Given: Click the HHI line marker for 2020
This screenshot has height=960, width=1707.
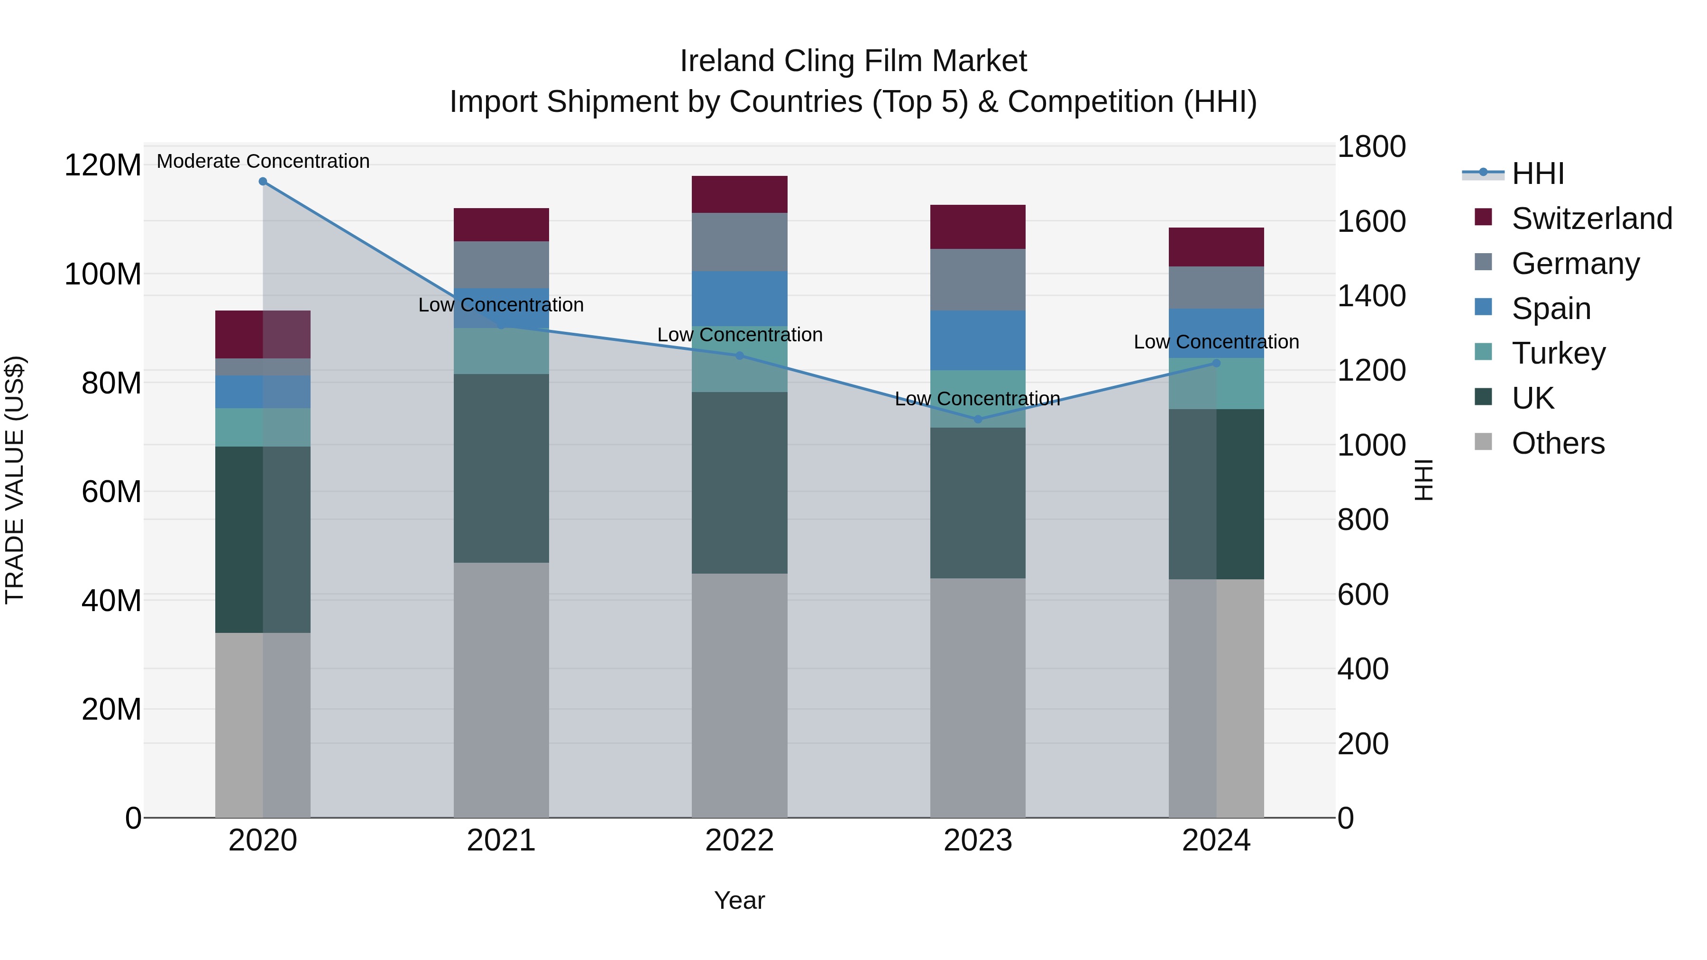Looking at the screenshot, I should click(263, 182).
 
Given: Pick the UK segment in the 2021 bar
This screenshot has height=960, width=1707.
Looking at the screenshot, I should click(501, 468).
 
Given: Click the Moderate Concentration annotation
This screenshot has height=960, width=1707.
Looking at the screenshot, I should click(263, 161).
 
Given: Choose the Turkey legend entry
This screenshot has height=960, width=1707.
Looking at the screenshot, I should click(1559, 353).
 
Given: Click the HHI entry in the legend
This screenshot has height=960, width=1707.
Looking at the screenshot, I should click(1537, 174).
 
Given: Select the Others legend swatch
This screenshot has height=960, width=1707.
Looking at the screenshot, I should click(1483, 442).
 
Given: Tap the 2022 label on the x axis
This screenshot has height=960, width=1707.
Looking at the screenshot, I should click(740, 841).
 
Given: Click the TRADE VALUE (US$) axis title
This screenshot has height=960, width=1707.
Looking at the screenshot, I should click(15, 480).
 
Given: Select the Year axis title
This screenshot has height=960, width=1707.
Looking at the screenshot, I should click(740, 900).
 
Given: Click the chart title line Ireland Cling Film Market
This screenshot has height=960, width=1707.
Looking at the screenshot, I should click(853, 61).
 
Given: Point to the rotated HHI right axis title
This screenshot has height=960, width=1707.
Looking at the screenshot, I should click(1423, 480).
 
